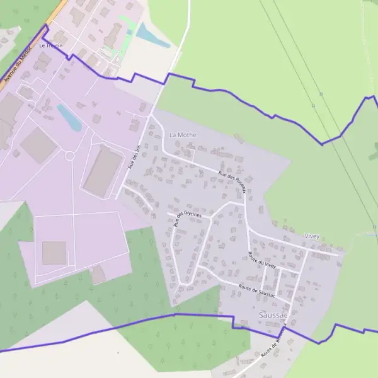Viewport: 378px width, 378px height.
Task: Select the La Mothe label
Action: (x=183, y=135)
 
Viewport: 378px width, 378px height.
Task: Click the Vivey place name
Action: (x=312, y=236)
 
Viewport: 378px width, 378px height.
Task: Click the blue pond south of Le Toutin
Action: (x=69, y=118)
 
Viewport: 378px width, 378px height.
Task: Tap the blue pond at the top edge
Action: (x=151, y=35)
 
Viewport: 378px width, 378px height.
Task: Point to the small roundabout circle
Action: (x=69, y=155)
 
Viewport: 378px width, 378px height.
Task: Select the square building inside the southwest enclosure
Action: (x=54, y=253)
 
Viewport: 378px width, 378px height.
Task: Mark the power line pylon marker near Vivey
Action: (x=374, y=227)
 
